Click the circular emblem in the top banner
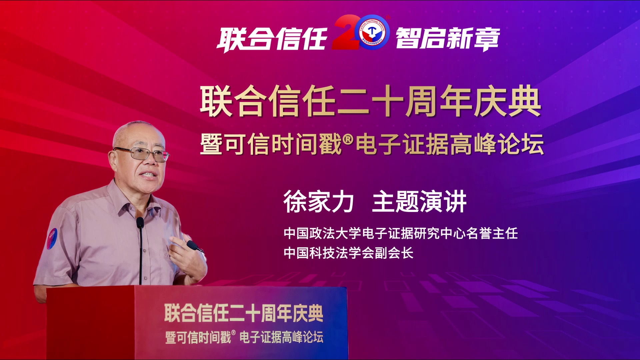click(x=372, y=32)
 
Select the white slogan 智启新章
click(x=448, y=39)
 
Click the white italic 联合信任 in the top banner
click(x=272, y=39)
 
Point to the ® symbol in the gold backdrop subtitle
click(x=348, y=139)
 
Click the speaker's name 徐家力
click(x=318, y=202)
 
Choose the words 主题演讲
click(x=419, y=202)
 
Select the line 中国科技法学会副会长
click(x=349, y=253)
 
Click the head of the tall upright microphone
click(x=140, y=222)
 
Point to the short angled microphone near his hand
click(x=195, y=246)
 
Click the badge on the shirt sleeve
click(x=52, y=239)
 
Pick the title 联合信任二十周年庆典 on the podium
click(x=244, y=313)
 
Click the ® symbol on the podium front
click(x=233, y=333)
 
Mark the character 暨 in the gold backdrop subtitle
click(x=211, y=144)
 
